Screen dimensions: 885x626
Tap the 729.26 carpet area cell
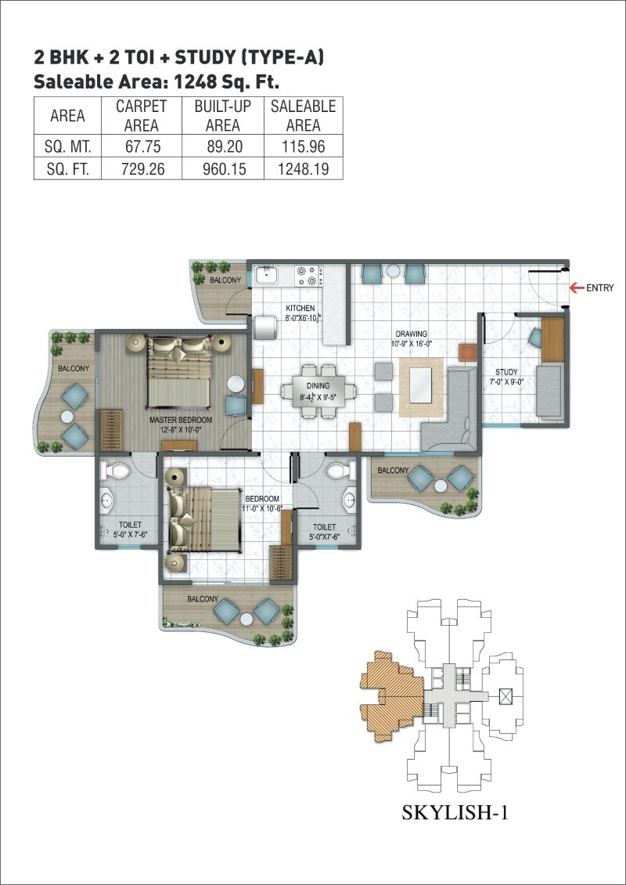tap(145, 168)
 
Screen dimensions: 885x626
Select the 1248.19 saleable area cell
tap(303, 168)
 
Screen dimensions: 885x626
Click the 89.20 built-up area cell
tap(222, 146)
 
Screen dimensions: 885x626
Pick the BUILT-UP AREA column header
tap(222, 115)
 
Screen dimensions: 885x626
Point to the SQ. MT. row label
tap(67, 146)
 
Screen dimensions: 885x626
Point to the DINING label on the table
tap(318, 385)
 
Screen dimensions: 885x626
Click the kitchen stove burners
tap(310, 275)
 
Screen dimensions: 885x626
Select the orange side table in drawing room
tap(467, 352)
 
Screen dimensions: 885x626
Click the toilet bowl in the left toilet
tap(119, 471)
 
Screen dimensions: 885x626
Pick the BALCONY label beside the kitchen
tap(225, 280)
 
